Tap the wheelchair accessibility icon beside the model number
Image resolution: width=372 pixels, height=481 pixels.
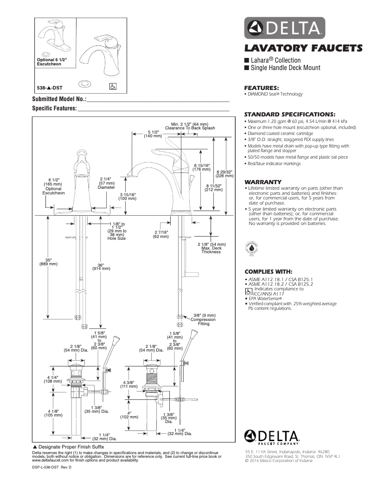pyautogui.click(x=112, y=86)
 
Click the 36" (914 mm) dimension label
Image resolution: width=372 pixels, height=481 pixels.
pyautogui.click(x=101, y=267)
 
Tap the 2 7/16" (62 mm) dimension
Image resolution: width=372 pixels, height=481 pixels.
pyautogui.click(x=161, y=234)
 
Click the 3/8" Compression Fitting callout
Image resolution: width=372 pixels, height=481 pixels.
pyautogui.click(x=203, y=320)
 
